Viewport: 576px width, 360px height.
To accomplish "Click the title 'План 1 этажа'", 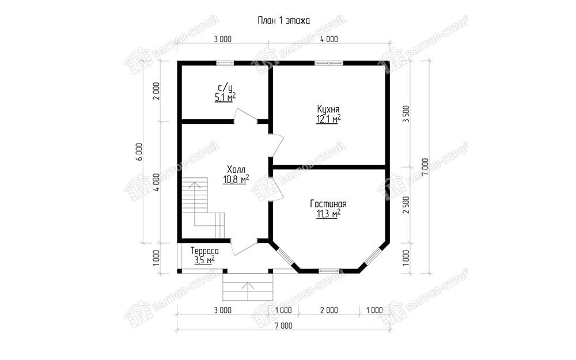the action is click(283, 21).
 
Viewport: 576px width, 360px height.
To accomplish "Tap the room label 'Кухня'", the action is click(328, 109).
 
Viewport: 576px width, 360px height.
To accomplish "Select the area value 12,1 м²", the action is click(328, 119).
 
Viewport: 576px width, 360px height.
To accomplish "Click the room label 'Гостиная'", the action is click(328, 204).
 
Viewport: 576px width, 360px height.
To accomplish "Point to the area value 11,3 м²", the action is click(328, 214).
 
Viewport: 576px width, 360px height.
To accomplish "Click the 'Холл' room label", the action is click(236, 170).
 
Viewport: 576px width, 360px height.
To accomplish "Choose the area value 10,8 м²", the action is click(236, 179).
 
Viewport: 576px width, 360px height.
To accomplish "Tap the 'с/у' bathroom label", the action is click(225, 88).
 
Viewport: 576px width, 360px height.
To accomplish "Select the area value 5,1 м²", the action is click(225, 97).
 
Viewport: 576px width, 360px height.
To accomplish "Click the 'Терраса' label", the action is click(204, 251).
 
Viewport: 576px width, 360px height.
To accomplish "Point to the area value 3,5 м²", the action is click(204, 260).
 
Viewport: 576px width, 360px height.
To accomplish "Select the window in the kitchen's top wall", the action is click(329, 63).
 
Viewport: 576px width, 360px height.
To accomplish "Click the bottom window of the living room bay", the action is click(329, 271).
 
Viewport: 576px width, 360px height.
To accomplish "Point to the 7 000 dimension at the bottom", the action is click(283, 326).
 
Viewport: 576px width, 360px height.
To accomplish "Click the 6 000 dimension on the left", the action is click(138, 152).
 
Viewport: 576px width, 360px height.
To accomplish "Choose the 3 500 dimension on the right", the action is click(406, 115).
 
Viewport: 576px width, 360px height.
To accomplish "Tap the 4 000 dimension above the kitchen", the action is click(329, 39).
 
